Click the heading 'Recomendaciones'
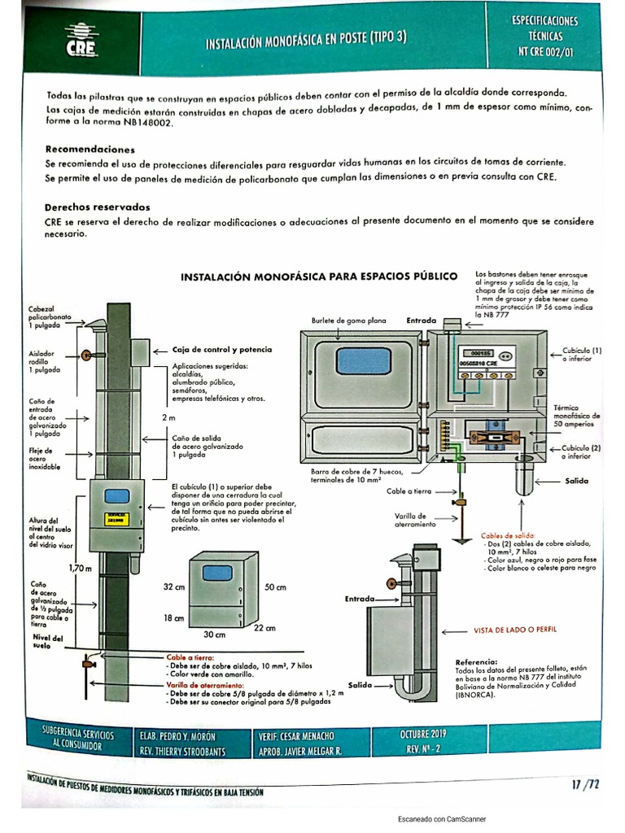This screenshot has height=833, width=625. tap(90, 150)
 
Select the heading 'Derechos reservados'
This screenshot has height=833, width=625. tap(98, 207)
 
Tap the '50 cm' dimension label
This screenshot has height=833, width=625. tap(275, 587)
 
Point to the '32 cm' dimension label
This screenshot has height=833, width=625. tap(174, 587)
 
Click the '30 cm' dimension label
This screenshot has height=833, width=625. tap(213, 634)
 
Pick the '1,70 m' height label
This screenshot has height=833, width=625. tap(80, 567)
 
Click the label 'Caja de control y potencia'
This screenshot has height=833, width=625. tap(222, 349)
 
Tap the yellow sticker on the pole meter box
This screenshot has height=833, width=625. tap(119, 517)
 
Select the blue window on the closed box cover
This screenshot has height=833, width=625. tap(362, 360)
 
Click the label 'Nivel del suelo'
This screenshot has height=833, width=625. tap(48, 641)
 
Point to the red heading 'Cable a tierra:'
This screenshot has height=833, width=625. tap(190, 656)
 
